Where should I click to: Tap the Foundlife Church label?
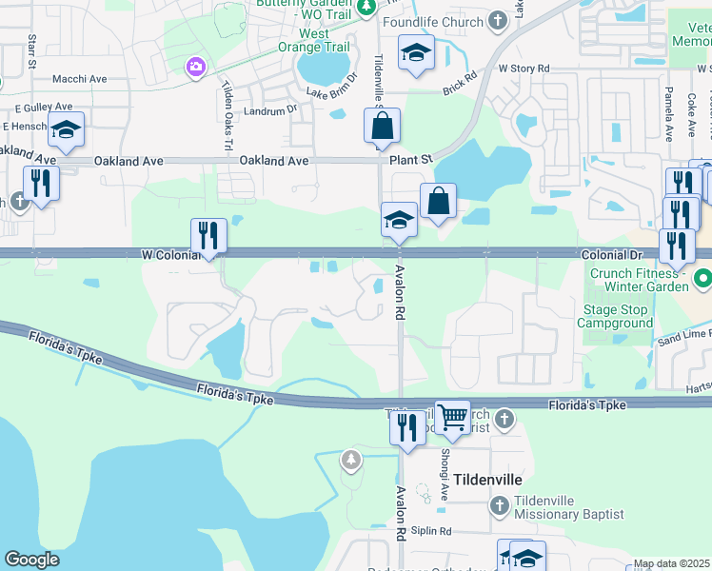click(432, 21)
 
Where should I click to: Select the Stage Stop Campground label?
click(617, 316)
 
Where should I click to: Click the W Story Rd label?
click(524, 69)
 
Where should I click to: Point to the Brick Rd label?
click(459, 90)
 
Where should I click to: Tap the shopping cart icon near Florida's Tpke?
click(452, 416)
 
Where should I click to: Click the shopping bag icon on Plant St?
click(382, 126)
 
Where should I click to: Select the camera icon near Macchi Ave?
click(197, 67)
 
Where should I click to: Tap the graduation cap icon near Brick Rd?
click(416, 52)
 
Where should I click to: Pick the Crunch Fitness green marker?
click(702, 280)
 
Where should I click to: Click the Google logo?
click(31, 560)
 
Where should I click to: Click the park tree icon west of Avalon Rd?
click(352, 461)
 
